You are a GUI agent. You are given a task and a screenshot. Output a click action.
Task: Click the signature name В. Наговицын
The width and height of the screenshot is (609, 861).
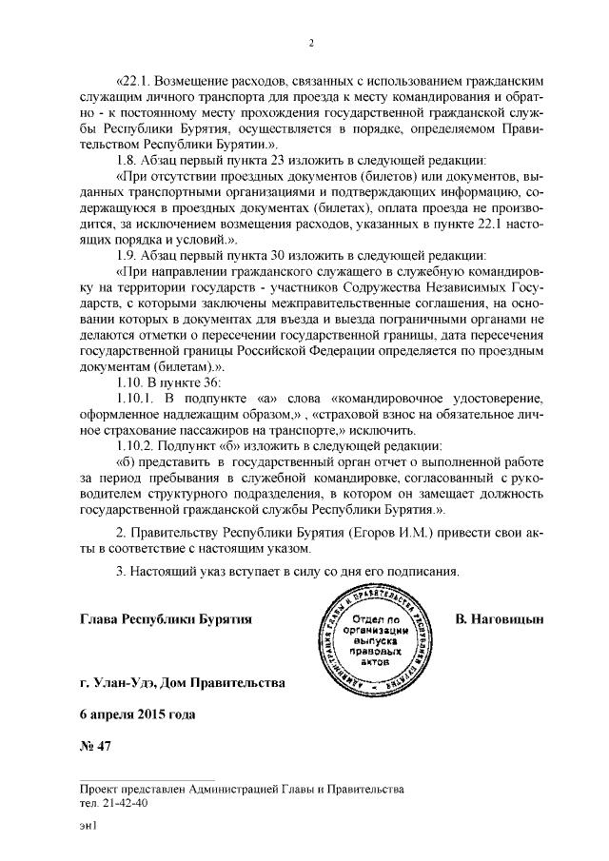tap(499, 620)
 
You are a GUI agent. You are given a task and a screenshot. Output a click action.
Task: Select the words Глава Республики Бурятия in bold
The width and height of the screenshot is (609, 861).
tap(167, 620)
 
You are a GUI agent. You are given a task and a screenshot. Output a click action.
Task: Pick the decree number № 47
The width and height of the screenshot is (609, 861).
tap(96, 745)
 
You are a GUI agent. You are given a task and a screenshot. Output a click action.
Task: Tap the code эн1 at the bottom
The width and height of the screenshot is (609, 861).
tap(89, 827)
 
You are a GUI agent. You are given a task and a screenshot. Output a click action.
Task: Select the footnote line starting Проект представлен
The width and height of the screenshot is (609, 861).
tap(243, 789)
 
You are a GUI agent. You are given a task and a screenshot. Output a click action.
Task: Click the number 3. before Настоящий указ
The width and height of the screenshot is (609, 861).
tap(121, 572)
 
